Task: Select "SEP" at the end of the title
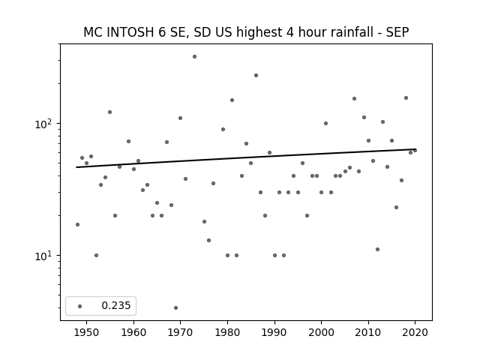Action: pyautogui.click(x=397, y=32)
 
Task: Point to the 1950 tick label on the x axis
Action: pyautogui.click(x=87, y=332)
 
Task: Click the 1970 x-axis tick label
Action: pyautogui.click(x=180, y=332)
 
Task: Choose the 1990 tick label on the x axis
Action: pyautogui.click(x=274, y=332)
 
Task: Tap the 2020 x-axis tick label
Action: pyautogui.click(x=415, y=332)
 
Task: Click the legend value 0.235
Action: pyautogui.click(x=116, y=305)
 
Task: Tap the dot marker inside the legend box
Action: pyautogui.click(x=80, y=306)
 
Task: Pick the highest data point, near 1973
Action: pyautogui.click(x=194, y=57)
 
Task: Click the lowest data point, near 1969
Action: pyautogui.click(x=175, y=307)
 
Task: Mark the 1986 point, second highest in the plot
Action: pyautogui.click(x=256, y=75)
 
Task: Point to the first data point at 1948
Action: pyautogui.click(x=77, y=225)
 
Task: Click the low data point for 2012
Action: pyautogui.click(x=377, y=249)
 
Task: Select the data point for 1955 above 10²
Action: pyautogui.click(x=110, y=112)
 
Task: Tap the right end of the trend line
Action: pyautogui.click(x=415, y=149)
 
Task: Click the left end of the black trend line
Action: pyautogui.click(x=76, y=167)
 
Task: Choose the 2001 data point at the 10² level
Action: pyautogui.click(x=325, y=123)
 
